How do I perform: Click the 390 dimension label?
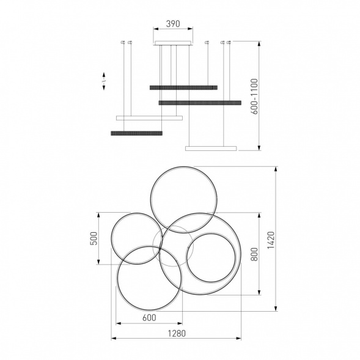pyautogui.click(x=173, y=24)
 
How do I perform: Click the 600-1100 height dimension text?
pyautogui.click(x=254, y=97)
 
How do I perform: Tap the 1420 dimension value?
pyautogui.click(x=271, y=240)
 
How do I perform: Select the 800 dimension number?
pyautogui.click(x=254, y=254)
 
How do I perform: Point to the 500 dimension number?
pyautogui.click(x=94, y=238)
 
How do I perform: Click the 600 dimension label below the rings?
pyautogui.click(x=149, y=318)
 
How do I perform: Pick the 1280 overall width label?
pyautogui.click(x=177, y=333)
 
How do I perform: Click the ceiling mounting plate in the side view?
pyautogui.click(x=173, y=43)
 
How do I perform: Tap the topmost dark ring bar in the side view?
pyautogui.click(x=184, y=87)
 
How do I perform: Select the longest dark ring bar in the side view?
pyautogui.click(x=200, y=103)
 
